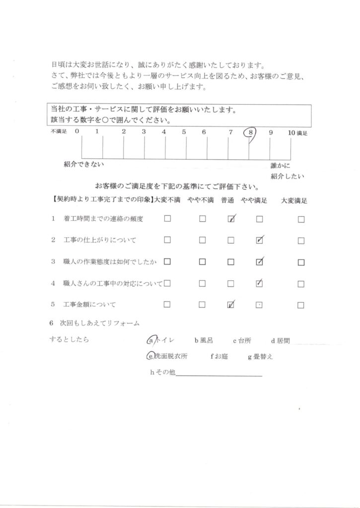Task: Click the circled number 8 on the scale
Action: [251, 132]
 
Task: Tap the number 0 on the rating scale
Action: [77, 132]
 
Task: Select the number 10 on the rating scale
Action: [291, 132]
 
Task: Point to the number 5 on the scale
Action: [184, 132]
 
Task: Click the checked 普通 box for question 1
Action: [231, 219]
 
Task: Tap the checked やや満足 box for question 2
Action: [259, 241]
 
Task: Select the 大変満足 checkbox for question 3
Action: [301, 262]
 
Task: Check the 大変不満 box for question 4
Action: [167, 284]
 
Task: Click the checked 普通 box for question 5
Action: [231, 305]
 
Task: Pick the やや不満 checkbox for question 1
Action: [203, 219]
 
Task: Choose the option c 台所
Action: [242, 341]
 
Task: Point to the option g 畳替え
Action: [260, 356]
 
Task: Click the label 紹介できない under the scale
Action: [84, 164]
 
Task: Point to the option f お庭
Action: [219, 356]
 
